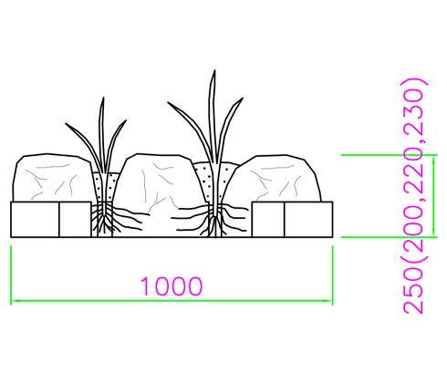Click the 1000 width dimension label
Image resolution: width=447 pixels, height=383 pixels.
coord(172,286)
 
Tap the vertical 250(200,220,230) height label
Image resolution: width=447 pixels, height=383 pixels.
coord(413,196)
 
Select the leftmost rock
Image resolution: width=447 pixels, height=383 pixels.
coord(52,178)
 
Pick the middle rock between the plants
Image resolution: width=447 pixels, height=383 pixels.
coord(158,182)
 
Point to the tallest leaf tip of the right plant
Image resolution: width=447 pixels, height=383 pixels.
coord(215,70)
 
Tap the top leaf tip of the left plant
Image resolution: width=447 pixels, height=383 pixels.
coord(103,98)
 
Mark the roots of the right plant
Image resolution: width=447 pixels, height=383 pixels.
coord(213,220)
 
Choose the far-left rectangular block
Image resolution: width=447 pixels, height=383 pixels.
coord(35,219)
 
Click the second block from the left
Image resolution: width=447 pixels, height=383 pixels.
coord(75,219)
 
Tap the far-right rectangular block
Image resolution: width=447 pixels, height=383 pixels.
coord(308,219)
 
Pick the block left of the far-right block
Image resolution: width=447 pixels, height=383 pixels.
coord(268,219)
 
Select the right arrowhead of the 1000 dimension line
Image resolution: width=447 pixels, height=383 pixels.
coord(328,301)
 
